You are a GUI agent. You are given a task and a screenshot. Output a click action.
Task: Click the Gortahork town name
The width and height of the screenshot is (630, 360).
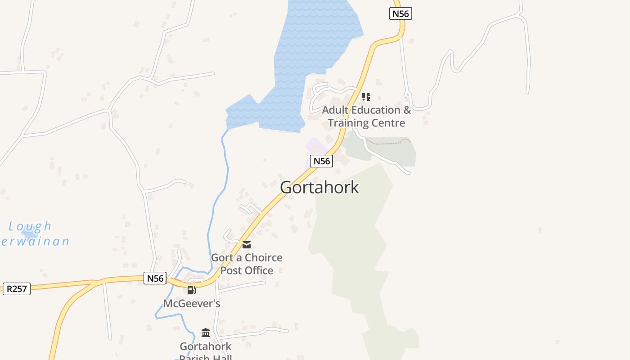click(319, 187)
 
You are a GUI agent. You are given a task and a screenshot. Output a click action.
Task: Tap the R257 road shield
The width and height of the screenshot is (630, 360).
click(17, 288)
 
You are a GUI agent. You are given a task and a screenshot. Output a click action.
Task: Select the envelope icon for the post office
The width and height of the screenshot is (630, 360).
click(247, 245)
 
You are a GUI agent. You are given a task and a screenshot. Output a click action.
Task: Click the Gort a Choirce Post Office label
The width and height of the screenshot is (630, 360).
click(247, 264)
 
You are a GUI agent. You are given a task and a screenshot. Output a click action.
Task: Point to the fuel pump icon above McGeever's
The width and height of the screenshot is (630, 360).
click(192, 290)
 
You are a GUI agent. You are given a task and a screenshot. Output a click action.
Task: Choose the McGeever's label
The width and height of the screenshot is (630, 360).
click(192, 304)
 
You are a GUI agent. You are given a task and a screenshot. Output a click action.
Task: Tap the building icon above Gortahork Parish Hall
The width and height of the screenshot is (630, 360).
click(206, 333)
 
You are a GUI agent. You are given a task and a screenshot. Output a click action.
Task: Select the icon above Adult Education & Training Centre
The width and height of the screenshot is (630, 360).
click(366, 97)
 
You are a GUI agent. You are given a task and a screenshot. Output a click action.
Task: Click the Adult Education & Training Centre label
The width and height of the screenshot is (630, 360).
click(366, 116)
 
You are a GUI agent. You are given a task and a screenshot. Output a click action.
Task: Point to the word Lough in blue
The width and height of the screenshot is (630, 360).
click(30, 226)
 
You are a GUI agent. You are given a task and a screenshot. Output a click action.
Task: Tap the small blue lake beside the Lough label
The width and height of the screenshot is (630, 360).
click(30, 235)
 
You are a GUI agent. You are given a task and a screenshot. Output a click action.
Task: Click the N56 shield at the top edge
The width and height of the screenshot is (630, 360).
click(400, 13)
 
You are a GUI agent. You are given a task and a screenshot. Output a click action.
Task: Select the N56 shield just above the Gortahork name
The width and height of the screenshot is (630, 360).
click(321, 161)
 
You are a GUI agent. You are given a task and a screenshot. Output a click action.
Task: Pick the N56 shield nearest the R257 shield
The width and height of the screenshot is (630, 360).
click(155, 278)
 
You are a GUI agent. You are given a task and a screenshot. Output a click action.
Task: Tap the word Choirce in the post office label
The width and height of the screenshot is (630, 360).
click(263, 257)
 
